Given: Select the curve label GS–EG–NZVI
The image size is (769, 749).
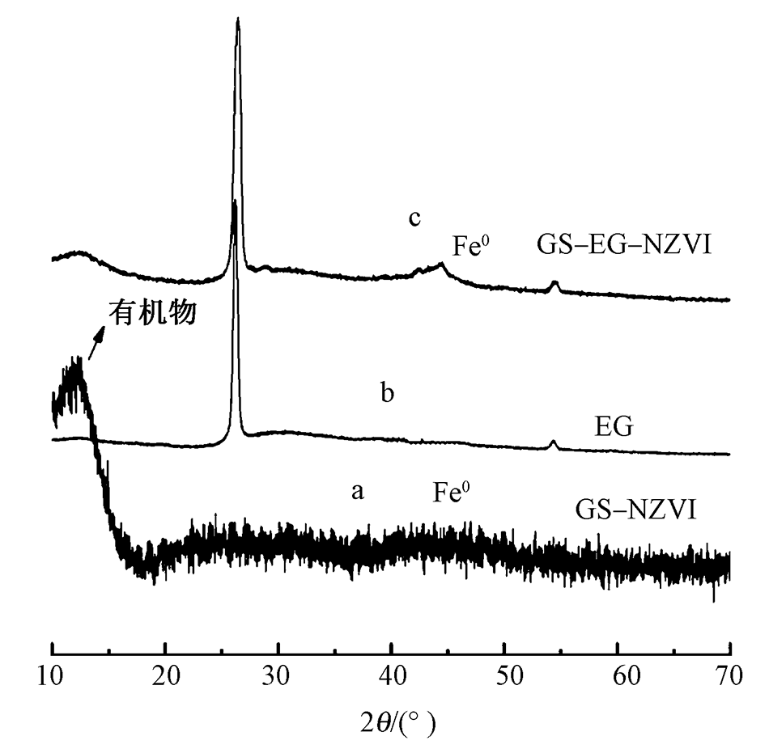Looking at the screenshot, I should coord(623,243).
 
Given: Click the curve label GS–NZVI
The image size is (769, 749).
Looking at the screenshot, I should coord(635,510).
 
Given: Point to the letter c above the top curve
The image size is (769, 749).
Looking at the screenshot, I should coord(414,218).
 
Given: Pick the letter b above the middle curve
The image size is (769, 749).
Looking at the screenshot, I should coord(388,394).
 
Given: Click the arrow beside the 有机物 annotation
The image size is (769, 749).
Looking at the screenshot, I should coord(96,343).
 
